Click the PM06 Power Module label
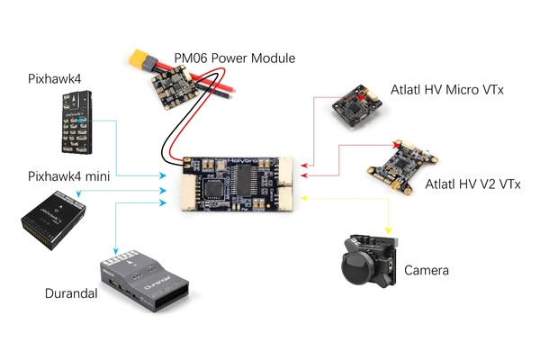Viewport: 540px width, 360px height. click(235, 58)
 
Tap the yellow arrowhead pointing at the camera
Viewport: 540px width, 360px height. click(388, 229)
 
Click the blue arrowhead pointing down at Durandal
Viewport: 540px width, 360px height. click(116, 249)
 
